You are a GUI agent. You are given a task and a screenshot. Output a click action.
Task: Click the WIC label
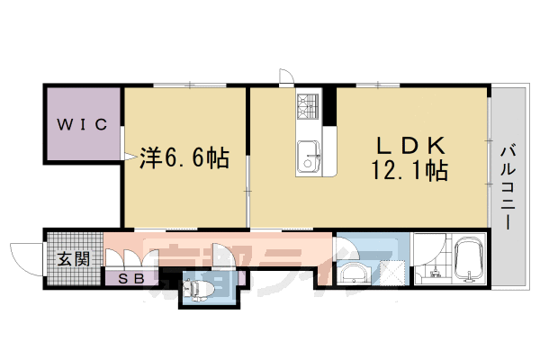84,124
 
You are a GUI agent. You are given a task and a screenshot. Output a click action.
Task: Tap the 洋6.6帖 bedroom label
184,159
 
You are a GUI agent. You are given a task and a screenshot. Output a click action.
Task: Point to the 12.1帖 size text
409,169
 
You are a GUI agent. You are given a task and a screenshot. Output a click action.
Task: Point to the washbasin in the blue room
353,271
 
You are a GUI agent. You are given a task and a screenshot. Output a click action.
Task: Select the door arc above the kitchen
286,77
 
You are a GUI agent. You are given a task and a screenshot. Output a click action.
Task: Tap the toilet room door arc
222,256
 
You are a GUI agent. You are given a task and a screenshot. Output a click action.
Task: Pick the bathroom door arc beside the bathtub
427,247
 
